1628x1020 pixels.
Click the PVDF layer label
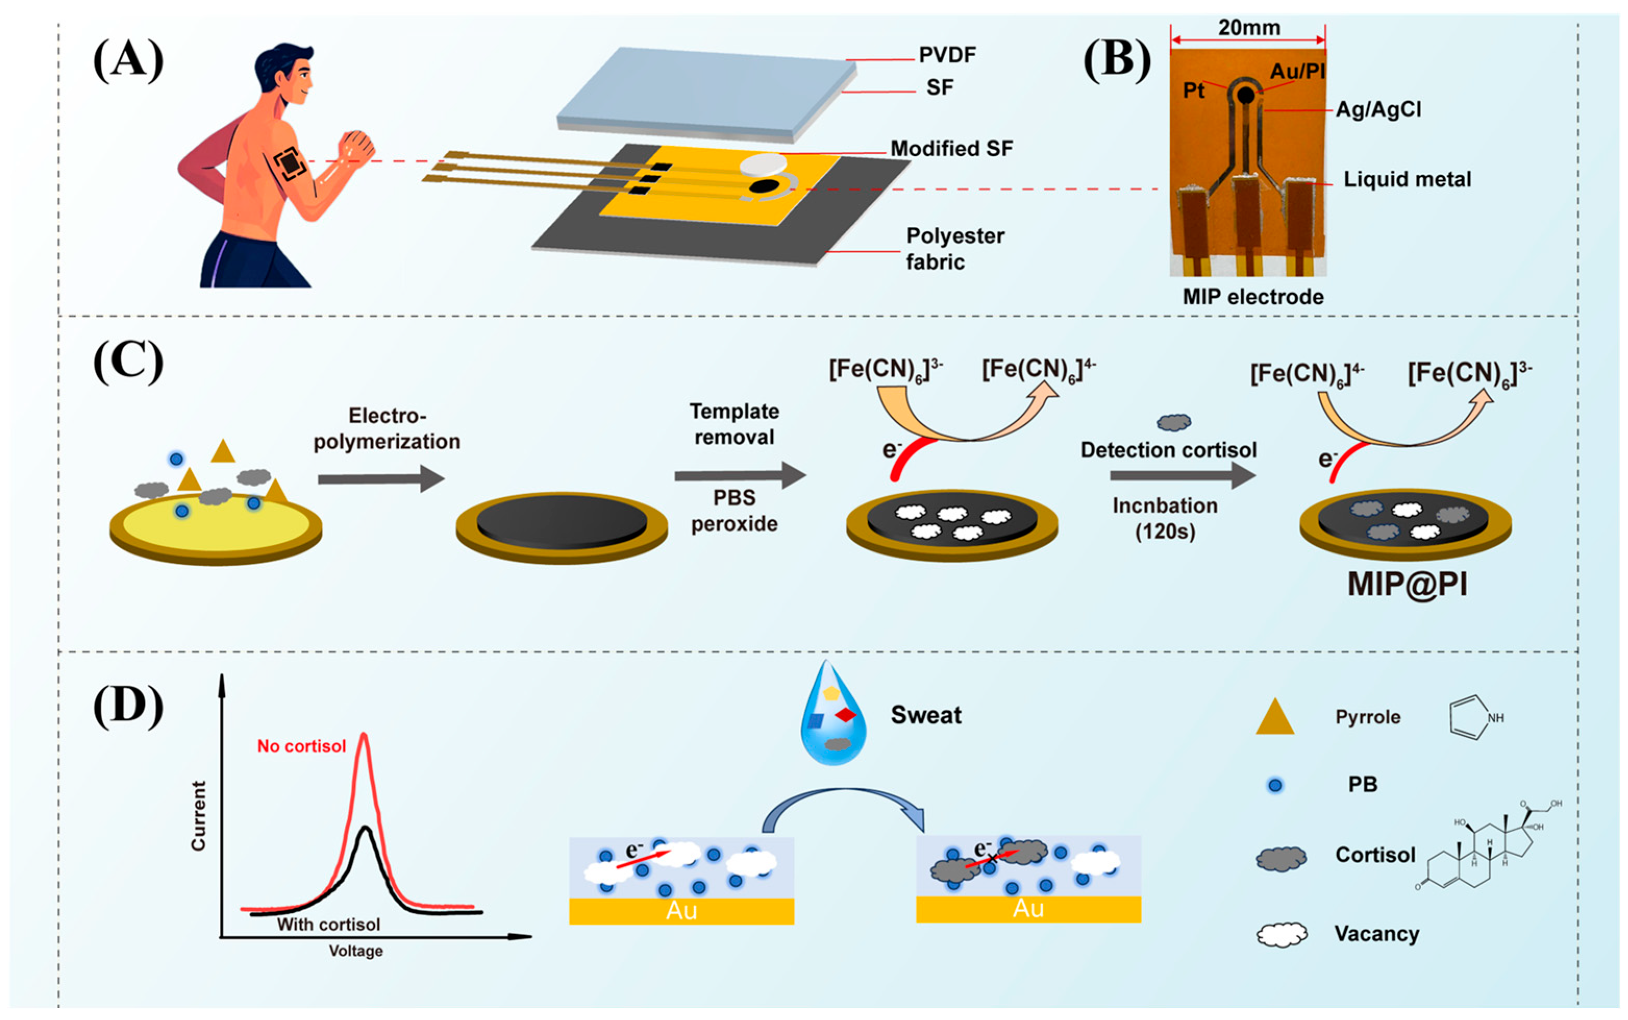[x=947, y=55]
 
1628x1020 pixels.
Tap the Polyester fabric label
[x=954, y=248]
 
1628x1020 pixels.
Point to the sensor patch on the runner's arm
[x=290, y=164]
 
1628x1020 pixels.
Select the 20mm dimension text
[x=1248, y=28]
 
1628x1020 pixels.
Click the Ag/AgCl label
[x=1379, y=109]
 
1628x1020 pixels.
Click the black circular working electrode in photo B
[x=1245, y=96]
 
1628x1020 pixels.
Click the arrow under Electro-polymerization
[x=381, y=479]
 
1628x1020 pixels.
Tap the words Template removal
[x=734, y=424]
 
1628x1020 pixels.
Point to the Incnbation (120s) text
[x=1165, y=518]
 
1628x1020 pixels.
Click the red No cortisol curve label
[x=302, y=746]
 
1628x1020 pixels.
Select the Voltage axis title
[x=356, y=951]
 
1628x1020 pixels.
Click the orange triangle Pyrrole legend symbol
[x=1274, y=717]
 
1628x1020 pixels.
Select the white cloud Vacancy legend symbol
[x=1281, y=934]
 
